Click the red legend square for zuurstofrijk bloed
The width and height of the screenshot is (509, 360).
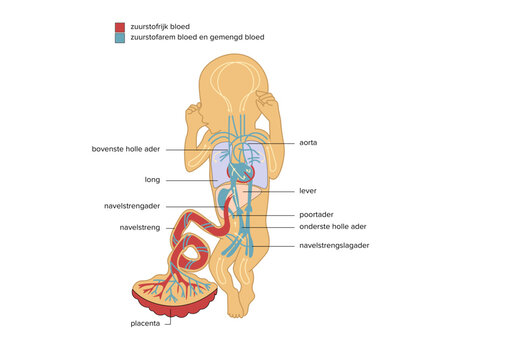click(120, 27)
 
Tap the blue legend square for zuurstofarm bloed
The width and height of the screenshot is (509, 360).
click(120, 38)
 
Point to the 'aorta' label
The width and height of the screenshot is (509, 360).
click(309, 142)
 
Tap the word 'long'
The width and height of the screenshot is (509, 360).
click(152, 180)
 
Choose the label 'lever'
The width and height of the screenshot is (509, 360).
click(309, 190)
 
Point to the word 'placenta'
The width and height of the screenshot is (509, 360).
click(147, 323)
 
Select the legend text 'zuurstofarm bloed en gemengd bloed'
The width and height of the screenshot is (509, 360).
click(197, 38)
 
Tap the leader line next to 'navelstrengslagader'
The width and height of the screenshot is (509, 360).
click(271, 244)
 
